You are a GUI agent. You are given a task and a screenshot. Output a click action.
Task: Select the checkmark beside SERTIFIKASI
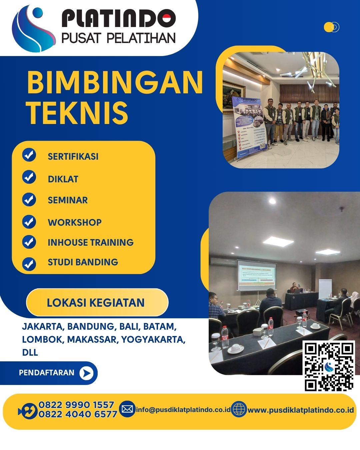coord(29,155)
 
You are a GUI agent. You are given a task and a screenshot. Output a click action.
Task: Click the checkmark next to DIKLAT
coord(29,177)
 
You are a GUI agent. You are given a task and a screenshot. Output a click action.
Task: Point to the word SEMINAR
coord(68,200)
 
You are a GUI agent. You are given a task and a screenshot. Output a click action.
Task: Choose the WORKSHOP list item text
coord(75,222)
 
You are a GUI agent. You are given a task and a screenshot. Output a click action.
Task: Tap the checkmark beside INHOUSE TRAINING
coord(29,242)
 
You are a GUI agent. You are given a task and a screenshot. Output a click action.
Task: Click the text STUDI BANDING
coord(83,262)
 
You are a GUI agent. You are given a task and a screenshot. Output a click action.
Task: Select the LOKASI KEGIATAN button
coord(97,302)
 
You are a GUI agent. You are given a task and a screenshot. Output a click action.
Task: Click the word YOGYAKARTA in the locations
coord(152,339)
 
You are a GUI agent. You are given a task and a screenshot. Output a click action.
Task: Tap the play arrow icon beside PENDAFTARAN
coord(86,373)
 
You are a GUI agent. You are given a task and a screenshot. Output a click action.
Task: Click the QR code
coord(329,366)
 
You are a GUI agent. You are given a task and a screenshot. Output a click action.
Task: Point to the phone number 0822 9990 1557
coord(76,405)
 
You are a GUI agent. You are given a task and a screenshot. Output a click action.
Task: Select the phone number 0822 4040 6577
coord(78,414)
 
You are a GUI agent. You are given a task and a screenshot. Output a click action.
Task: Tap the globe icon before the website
coord(239,409)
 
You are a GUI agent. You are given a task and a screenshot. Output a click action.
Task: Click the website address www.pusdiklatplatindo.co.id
coord(300,410)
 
